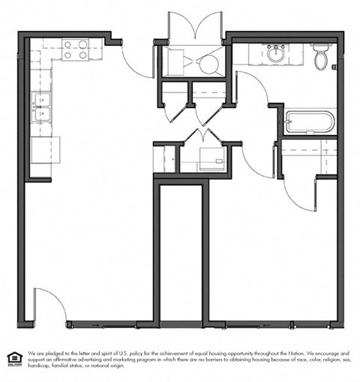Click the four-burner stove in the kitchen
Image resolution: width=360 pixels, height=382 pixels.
[75, 50]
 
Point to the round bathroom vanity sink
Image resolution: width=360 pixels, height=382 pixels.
[274, 53]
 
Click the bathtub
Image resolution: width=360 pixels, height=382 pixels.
[309, 122]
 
